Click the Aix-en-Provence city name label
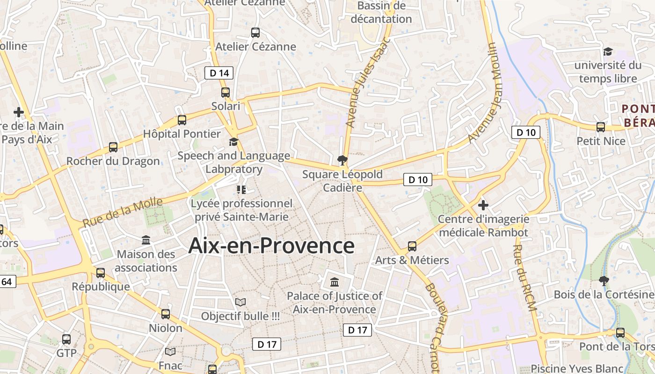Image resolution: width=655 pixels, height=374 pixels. coord(271,246)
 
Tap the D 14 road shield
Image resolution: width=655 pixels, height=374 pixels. coord(219,73)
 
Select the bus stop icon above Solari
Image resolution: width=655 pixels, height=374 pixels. coord(226,92)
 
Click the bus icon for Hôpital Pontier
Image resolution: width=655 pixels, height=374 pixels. coord(182,120)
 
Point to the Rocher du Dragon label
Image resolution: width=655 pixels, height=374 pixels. coord(113,161)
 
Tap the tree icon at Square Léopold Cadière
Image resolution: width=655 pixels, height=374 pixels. coord(342,160)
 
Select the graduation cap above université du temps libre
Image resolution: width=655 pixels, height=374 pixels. coord(608,51)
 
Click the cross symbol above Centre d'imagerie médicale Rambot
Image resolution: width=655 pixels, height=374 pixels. coord(483,205)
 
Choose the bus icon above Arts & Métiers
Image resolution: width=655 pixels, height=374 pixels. coord(412,246)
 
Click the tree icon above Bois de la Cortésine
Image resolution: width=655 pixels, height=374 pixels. coord(604,280)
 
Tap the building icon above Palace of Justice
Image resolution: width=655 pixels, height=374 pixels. coord(335,282)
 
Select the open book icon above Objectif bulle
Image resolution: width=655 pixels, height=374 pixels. coord(240,302)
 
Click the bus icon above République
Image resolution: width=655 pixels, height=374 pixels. coord(101,273)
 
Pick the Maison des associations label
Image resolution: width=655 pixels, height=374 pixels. coord(146,261)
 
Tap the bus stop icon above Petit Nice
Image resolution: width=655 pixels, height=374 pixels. coord(601,127)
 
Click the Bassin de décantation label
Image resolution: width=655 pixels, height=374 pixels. coord(381,13)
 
